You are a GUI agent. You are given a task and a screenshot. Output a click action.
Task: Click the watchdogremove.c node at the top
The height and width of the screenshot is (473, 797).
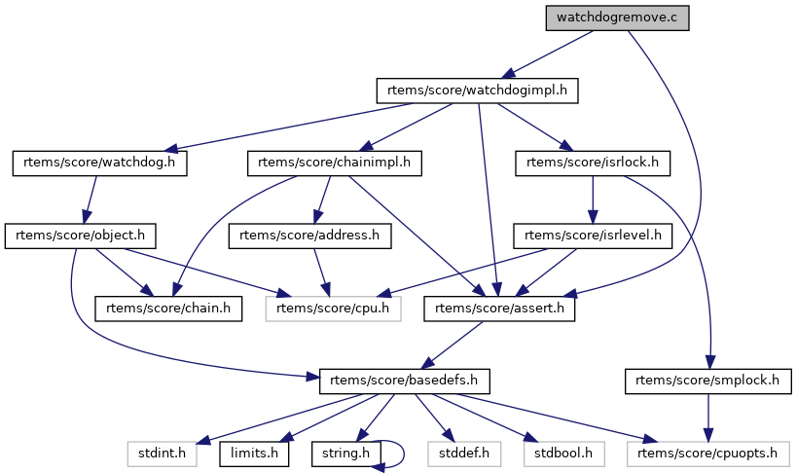tap(616, 18)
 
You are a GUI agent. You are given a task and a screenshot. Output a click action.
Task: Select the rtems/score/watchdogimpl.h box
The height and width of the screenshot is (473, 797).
tap(477, 91)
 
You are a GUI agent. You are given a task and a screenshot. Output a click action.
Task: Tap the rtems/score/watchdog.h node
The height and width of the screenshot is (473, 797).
tap(99, 163)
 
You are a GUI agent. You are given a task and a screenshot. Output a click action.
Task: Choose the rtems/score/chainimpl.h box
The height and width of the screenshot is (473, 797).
tap(334, 163)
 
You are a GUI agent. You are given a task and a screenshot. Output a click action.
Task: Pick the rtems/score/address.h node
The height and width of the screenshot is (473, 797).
tap(309, 235)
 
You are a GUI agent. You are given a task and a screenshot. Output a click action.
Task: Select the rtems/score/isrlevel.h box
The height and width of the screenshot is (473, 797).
tap(593, 235)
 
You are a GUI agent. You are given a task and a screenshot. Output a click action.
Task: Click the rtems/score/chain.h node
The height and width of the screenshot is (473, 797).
tap(168, 309)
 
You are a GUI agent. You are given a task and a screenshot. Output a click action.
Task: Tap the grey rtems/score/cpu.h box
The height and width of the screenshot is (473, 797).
tap(334, 309)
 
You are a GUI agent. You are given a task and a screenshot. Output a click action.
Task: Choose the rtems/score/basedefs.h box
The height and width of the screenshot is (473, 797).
tap(404, 381)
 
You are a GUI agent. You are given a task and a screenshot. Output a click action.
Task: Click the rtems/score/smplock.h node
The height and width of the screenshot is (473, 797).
tap(706, 381)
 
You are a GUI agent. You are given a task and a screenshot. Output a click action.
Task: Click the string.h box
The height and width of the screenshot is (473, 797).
tap(345, 453)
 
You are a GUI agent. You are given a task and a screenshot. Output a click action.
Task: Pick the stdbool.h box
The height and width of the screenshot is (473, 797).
tap(564, 453)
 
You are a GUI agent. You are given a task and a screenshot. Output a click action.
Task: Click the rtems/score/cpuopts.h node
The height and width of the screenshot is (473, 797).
tap(707, 453)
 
